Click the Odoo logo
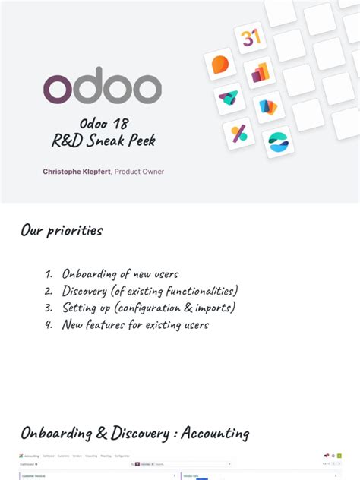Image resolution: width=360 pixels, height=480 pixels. pyautogui.click(x=102, y=89)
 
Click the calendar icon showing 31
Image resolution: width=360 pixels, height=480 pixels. pyautogui.click(x=250, y=37)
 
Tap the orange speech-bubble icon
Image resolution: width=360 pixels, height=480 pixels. pyautogui.click(x=221, y=65)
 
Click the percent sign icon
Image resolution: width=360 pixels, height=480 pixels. pyautogui.click(x=239, y=134)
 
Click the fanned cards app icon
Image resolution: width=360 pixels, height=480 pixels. pyautogui.click(x=269, y=107)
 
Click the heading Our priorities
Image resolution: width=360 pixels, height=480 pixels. pyautogui.click(x=62, y=230)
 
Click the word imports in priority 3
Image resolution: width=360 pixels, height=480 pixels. pyautogui.click(x=214, y=308)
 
